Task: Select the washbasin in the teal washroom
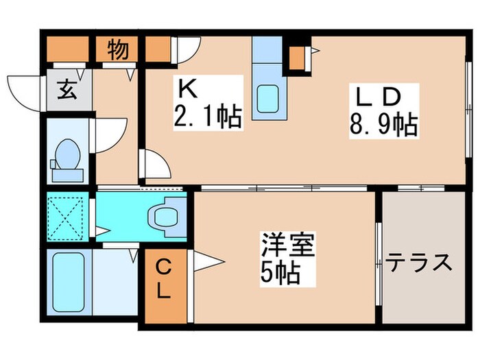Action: pyautogui.click(x=167, y=215)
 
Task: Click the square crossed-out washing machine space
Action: pyautogui.click(x=68, y=216)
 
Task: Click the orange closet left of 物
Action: pyautogui.click(x=68, y=49)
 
